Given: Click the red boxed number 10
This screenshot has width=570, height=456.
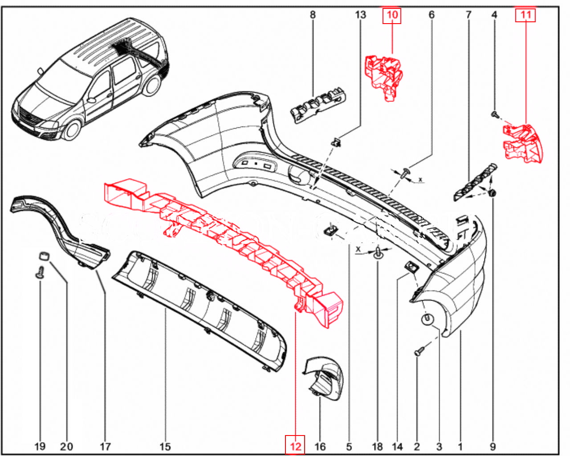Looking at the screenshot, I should click(392, 15).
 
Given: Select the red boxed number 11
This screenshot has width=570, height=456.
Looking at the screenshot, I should click(525, 15).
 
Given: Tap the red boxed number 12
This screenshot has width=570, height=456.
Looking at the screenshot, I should click(295, 446).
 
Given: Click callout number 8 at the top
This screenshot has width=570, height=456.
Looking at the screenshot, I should click(313, 15).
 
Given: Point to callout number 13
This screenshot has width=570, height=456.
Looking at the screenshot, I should click(360, 15).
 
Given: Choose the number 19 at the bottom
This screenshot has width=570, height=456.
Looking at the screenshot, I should click(40, 446).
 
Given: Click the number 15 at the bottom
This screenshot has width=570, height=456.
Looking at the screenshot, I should click(165, 446).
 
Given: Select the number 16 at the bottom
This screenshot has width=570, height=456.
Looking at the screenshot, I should click(320, 446).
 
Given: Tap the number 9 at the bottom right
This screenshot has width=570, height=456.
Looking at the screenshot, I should click(493, 446).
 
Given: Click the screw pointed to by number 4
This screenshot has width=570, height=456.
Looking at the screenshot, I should click(494, 114).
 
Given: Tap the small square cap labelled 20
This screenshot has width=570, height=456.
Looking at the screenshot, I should click(43, 255).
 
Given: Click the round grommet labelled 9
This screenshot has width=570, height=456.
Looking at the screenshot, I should click(493, 193).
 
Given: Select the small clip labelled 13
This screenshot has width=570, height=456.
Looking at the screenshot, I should click(337, 142).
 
